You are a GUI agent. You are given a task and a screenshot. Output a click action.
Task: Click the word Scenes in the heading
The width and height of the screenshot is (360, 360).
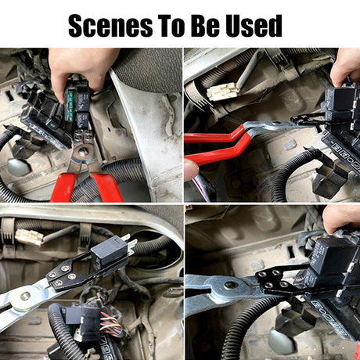pyautogui.click(x=110, y=26)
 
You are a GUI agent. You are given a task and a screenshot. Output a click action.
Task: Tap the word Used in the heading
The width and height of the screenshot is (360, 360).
pyautogui.click(x=254, y=26)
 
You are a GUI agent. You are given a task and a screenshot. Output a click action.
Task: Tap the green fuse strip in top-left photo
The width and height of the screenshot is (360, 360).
pyautogui.click(x=70, y=106)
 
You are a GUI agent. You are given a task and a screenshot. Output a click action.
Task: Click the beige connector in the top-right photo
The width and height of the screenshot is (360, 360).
pyautogui.click(x=222, y=92)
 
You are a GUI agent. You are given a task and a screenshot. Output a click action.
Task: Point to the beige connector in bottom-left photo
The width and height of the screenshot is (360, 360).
pyautogui.click(x=29, y=238)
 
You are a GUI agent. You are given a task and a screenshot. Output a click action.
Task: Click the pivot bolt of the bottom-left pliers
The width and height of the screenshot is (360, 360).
pyautogui.click(x=25, y=296)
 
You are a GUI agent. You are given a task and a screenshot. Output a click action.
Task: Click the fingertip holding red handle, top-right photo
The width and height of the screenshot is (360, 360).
pyautogui.click(x=191, y=169)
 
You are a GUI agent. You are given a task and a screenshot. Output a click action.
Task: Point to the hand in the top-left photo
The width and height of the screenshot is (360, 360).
pyautogui.click(x=81, y=69)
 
